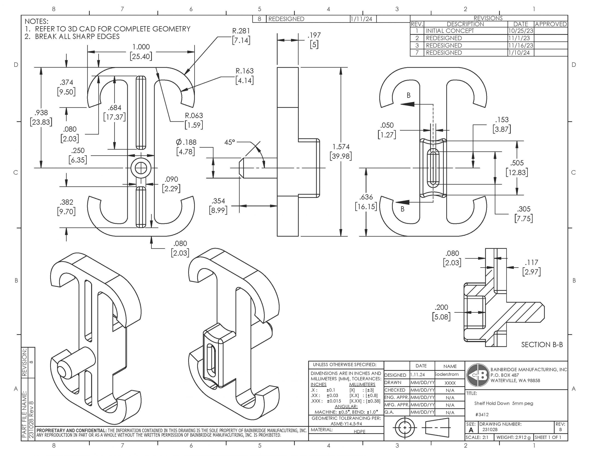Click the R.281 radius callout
click(241, 36)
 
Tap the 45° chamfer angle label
click(230, 142)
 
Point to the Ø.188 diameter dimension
click(186, 147)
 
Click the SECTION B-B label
click(542, 345)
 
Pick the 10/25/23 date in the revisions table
click(520, 31)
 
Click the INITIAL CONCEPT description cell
click(450, 31)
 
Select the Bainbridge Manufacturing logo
click(478, 375)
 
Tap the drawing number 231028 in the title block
click(490, 430)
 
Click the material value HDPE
click(359, 432)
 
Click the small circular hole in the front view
click(141, 168)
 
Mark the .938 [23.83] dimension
click(41, 117)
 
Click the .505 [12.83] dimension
click(517, 168)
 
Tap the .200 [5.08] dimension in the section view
click(442, 312)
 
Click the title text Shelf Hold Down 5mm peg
click(503, 403)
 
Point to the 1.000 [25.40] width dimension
click(141, 52)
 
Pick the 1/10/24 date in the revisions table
click(519, 53)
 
